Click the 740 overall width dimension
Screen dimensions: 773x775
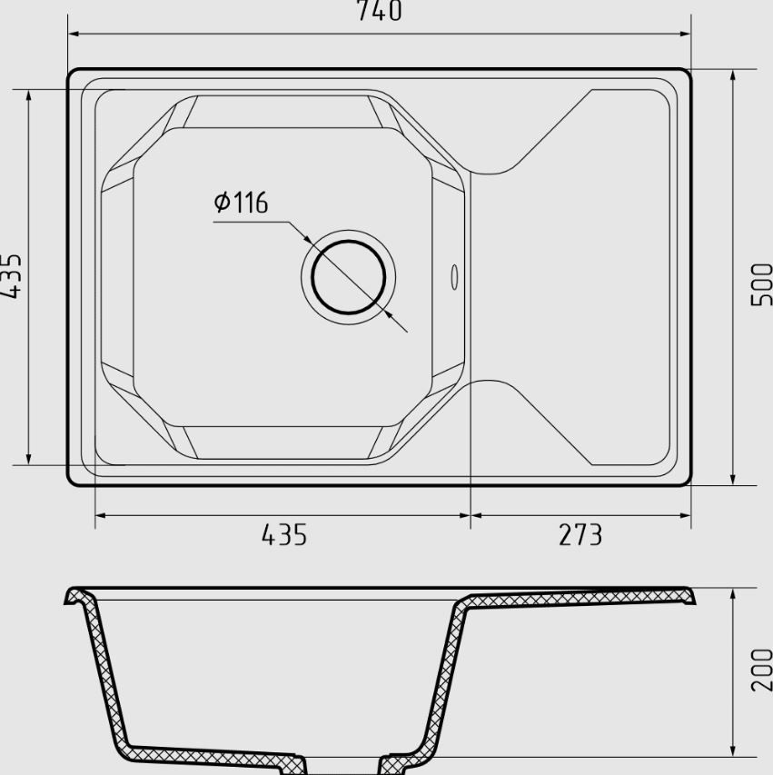(x=379, y=11)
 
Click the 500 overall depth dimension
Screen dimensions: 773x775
(x=761, y=284)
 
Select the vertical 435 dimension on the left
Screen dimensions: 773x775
(x=11, y=276)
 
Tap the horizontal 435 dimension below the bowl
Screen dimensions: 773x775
(x=284, y=534)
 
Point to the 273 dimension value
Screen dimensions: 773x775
(x=580, y=534)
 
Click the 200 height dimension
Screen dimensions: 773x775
(x=761, y=670)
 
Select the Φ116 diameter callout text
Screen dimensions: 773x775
(x=242, y=202)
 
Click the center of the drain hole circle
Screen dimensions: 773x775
(x=349, y=277)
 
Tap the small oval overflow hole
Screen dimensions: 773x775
(x=454, y=277)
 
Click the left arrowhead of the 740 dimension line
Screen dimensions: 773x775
(x=74, y=35)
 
